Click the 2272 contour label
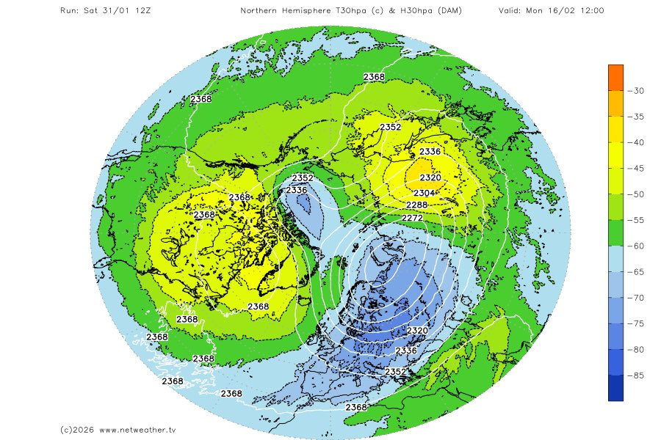point(412,218)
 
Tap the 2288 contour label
point(417,205)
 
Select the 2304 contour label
point(424,192)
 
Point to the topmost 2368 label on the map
point(374,77)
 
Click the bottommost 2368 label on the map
point(356,407)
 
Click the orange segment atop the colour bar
point(615,77)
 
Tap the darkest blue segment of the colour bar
point(615,388)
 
